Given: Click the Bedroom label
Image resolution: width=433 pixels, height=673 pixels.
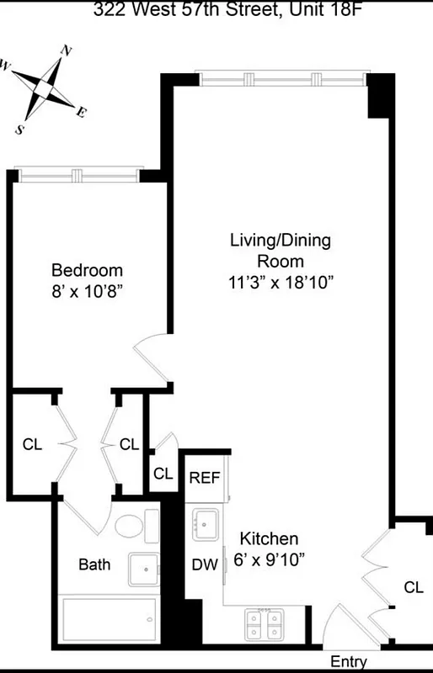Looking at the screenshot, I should click(87, 270).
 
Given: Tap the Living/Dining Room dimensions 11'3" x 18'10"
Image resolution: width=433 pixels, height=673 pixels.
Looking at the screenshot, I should click(281, 283).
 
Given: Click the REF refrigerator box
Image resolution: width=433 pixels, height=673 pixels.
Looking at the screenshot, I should click(204, 478).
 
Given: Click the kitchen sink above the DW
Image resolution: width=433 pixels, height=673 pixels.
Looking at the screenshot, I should click(206, 524).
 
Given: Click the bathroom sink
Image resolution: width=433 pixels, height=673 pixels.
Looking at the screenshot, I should click(144, 570).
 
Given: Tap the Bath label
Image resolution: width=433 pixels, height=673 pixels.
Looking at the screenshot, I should click(94, 564).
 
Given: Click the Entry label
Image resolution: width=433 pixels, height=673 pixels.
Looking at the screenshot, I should click(348, 662).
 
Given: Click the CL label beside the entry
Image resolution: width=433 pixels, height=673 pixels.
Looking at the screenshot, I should click(412, 586).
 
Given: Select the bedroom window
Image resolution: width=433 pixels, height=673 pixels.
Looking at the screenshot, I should click(78, 175).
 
